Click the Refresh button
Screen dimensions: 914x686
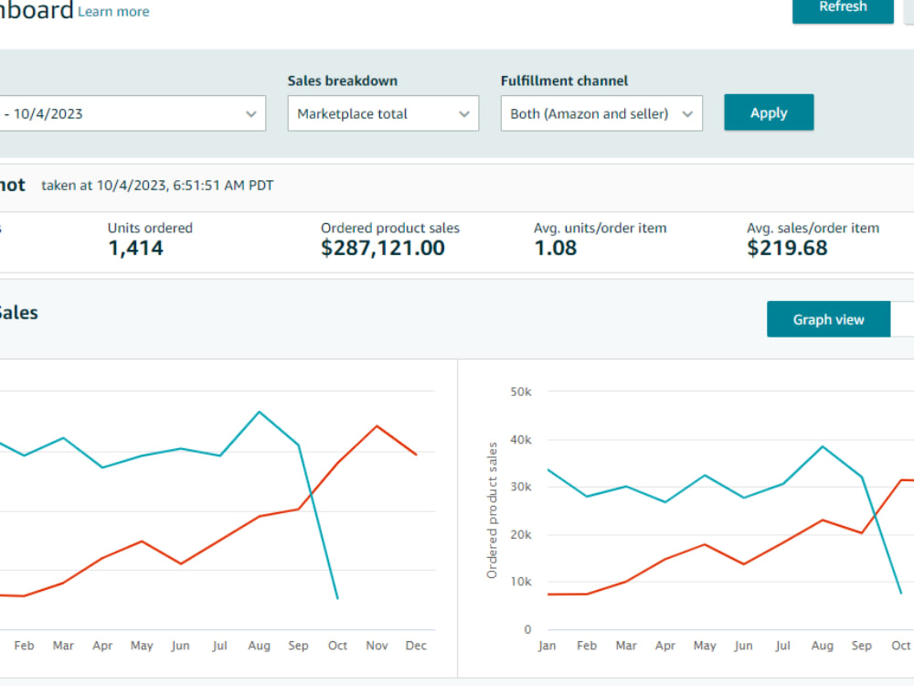click(843, 8)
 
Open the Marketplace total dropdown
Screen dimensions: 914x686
click(383, 113)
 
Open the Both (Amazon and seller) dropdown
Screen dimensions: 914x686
click(601, 113)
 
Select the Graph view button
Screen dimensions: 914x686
click(828, 319)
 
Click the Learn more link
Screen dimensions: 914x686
click(113, 12)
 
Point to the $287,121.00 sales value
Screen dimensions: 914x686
click(383, 248)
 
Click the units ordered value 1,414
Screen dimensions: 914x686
click(136, 248)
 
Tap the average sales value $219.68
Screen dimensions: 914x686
click(787, 248)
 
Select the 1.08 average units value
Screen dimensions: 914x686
click(556, 248)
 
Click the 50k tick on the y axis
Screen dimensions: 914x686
click(521, 392)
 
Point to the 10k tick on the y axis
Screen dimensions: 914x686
click(521, 582)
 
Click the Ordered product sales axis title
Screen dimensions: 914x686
click(492, 510)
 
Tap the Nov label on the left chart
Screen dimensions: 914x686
click(377, 645)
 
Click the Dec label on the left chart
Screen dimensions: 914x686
click(416, 645)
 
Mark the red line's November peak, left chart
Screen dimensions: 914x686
click(377, 426)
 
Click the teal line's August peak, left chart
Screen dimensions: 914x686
click(260, 412)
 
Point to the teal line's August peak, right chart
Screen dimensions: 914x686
click(823, 446)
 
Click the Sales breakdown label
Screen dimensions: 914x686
click(342, 80)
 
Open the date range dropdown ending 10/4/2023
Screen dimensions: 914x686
click(133, 113)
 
